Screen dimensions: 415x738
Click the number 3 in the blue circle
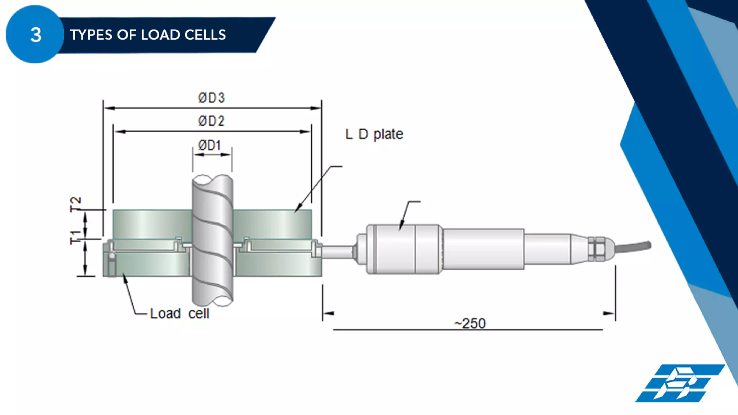[36, 35]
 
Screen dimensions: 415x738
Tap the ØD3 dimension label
[212, 98]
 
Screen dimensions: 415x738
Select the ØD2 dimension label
[211, 121]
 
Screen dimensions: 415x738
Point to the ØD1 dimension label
[209, 145]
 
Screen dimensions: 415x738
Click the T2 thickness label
[75, 204]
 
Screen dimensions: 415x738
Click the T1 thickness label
[75, 237]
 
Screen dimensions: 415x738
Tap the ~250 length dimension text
[470, 323]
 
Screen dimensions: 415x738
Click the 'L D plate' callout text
[374, 134]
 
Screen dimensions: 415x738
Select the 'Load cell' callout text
[179, 313]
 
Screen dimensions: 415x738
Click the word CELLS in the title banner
[205, 35]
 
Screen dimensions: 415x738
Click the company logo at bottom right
[679, 383]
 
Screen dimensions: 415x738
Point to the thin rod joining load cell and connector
[337, 252]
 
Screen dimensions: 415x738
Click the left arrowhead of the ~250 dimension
[328, 313]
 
